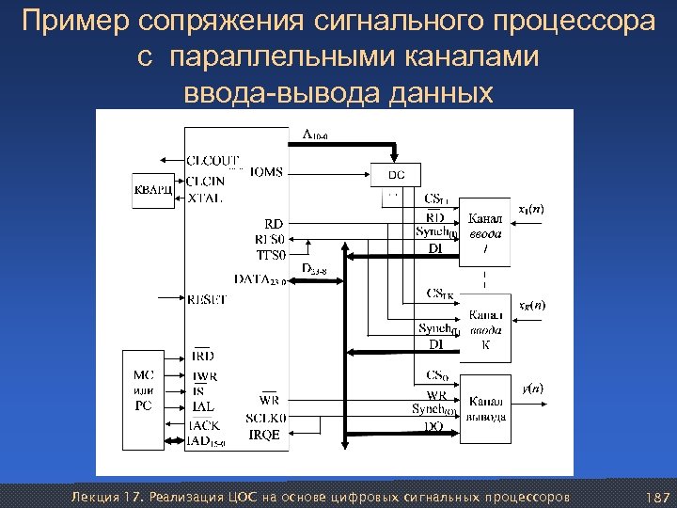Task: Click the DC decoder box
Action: point(396,175)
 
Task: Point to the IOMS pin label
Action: point(266,172)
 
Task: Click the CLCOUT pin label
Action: point(213,161)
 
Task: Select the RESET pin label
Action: point(207,299)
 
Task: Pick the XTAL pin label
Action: point(204,198)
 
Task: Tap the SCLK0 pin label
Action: point(265,417)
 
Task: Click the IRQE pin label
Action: point(264,434)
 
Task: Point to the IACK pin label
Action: point(202,424)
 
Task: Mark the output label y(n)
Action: point(532,388)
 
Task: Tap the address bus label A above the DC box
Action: point(315,135)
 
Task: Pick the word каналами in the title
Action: point(471,57)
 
